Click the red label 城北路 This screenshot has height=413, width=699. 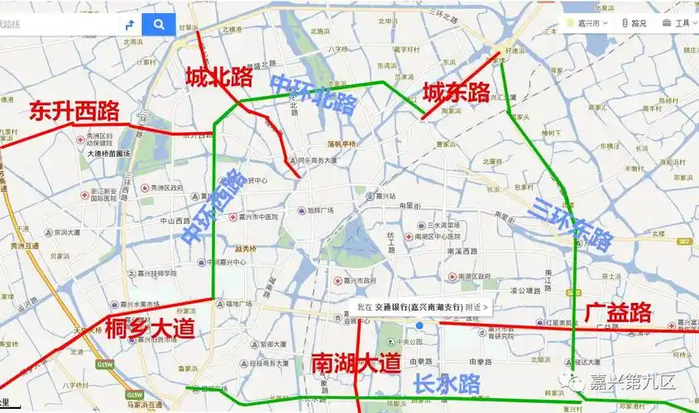click(x=218, y=78)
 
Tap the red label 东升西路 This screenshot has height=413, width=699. click(x=74, y=111)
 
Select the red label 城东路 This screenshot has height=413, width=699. click(x=457, y=93)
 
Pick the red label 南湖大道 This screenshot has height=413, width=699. click(x=356, y=363)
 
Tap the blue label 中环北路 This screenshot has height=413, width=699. click(x=314, y=93)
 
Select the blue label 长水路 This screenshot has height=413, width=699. click(x=447, y=382)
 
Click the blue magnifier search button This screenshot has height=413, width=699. click(x=159, y=24)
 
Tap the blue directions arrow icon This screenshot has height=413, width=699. click(x=130, y=24)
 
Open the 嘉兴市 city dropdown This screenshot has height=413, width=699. click(x=588, y=23)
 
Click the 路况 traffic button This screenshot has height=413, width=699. click(x=634, y=23)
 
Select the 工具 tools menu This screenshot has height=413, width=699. click(x=677, y=23)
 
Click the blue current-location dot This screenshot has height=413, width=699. click(x=419, y=325)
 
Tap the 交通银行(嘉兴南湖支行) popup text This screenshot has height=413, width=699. click(x=419, y=306)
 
